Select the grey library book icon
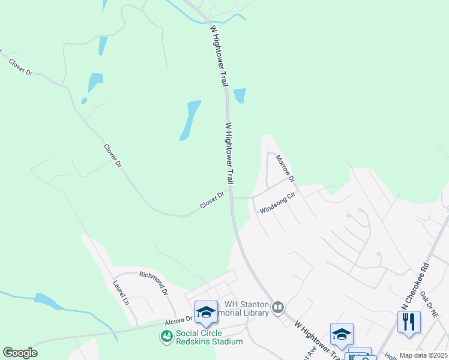[277, 308]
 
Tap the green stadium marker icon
[166, 337]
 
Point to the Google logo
[20, 352]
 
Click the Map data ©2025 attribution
[423, 355]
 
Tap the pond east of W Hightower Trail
[240, 95]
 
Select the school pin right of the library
[342, 335]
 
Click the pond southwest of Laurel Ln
[45, 301]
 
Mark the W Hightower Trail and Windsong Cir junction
[232, 197]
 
